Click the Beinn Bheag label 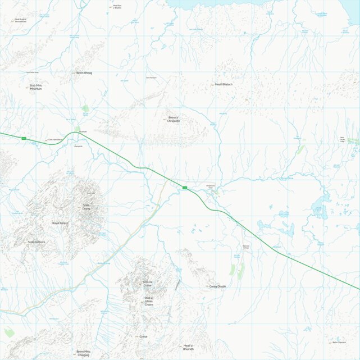point(84,73)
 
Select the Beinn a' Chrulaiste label point(174,119)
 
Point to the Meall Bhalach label point(224,84)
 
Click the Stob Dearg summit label point(86,207)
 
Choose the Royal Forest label point(60,224)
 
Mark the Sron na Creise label point(148,284)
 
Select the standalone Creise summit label point(143,336)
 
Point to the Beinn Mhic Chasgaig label point(83,353)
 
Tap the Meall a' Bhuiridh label point(188,347)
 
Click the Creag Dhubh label point(217,286)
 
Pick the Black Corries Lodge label point(343,139)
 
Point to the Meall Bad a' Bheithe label point(117,6)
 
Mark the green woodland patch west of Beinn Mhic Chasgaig point(8,332)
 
